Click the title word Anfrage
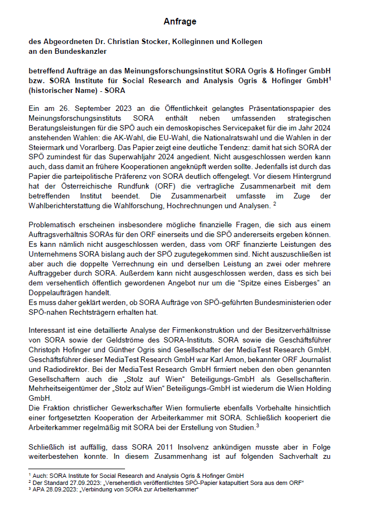180,22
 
